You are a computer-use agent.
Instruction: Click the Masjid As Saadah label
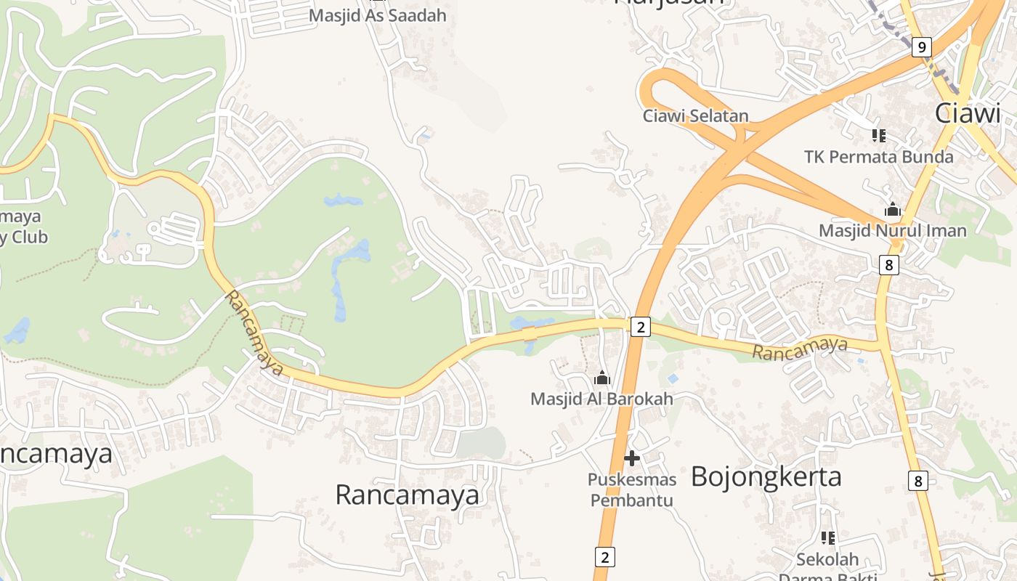click(x=378, y=15)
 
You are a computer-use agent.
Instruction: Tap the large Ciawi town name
click(x=968, y=113)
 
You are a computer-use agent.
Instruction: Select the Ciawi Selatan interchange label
click(x=695, y=115)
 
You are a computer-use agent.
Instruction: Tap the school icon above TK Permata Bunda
click(x=878, y=136)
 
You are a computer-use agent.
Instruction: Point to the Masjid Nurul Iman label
click(x=893, y=231)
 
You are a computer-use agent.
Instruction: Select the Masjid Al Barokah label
click(x=601, y=399)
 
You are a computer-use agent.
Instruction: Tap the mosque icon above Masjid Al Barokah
click(x=601, y=378)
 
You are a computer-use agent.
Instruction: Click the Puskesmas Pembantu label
click(x=631, y=489)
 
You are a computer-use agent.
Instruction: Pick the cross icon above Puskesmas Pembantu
click(x=631, y=458)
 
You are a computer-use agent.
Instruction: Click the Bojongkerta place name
click(x=766, y=477)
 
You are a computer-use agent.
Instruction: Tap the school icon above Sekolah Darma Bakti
click(x=827, y=538)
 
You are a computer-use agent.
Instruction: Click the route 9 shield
click(x=921, y=48)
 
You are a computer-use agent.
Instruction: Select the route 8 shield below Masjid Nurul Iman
click(x=888, y=265)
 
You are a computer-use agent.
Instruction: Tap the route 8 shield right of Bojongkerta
click(x=918, y=480)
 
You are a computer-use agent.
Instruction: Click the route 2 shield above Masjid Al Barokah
click(x=639, y=328)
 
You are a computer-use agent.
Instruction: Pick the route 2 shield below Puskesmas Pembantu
click(x=604, y=557)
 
